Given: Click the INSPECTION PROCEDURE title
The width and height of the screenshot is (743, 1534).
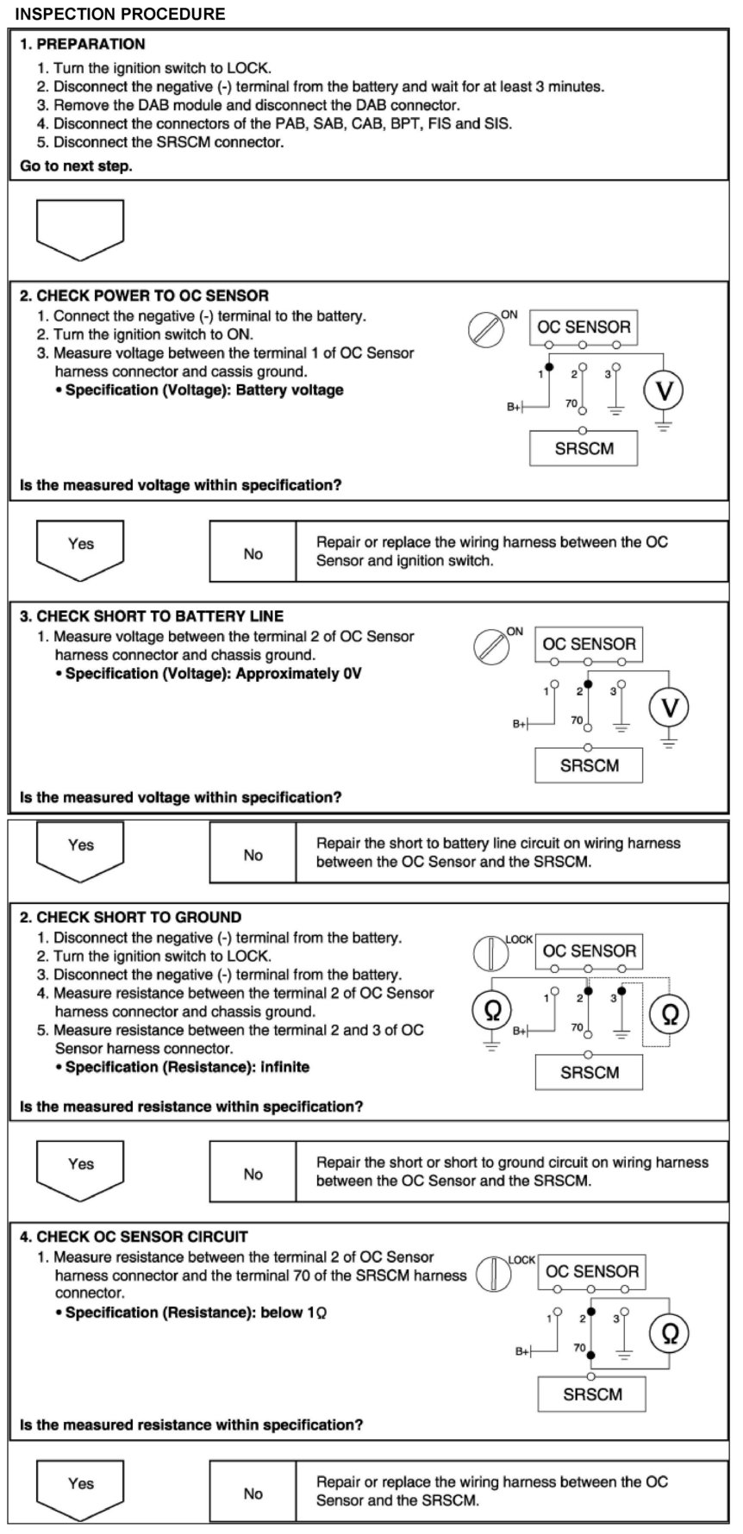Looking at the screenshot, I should point(121,14).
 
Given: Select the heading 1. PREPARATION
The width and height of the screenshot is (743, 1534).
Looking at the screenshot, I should point(83,44).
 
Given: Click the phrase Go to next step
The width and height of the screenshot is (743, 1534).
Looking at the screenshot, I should point(76,166).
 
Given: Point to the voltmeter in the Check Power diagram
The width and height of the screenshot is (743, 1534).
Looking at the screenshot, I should point(664,392).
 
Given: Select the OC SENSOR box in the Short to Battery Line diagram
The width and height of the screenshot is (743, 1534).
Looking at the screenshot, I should point(589,645).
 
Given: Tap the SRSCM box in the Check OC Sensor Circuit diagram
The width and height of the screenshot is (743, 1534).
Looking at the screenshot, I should point(592,1394).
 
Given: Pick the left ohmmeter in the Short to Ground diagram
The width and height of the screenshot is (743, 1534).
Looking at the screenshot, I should point(492,1012).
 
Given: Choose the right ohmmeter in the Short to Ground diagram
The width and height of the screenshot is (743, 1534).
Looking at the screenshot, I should point(670,1015).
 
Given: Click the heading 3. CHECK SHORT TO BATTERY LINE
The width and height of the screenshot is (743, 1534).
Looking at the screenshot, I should point(152,616).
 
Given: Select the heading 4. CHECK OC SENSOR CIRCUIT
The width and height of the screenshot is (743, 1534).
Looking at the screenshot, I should point(134,1237).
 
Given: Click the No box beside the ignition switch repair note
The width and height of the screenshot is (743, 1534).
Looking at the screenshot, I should point(253,554).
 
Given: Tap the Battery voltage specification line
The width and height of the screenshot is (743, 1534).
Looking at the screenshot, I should point(204,390).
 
